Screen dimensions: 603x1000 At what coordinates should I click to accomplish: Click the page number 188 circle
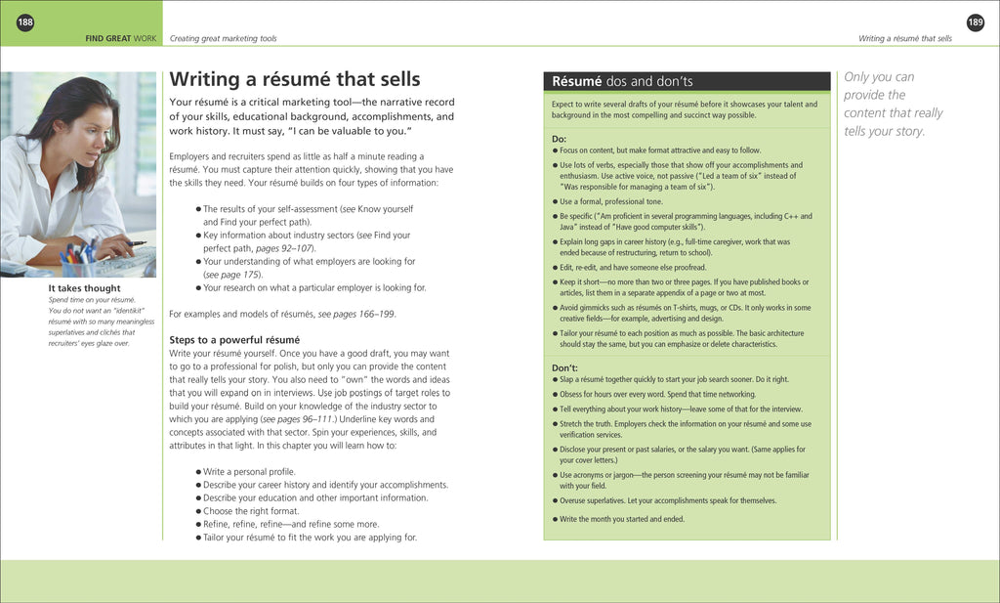tap(24, 22)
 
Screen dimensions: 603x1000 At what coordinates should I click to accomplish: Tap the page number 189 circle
tap(975, 22)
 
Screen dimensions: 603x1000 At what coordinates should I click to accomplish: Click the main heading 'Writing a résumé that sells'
tap(295, 79)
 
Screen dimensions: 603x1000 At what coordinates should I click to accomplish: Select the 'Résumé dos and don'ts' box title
tap(622, 81)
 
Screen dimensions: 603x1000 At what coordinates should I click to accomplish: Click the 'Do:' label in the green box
tap(560, 139)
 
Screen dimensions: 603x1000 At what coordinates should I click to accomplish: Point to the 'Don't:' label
tap(565, 367)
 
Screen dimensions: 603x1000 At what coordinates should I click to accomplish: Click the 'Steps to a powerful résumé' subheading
tap(234, 340)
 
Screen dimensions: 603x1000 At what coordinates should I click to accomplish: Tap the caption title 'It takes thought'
tap(85, 288)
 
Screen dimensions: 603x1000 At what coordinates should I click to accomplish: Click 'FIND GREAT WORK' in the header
tap(121, 39)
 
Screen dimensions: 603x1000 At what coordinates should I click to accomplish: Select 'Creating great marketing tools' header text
tap(223, 39)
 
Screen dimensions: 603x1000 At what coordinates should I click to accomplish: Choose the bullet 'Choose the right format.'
tap(250, 511)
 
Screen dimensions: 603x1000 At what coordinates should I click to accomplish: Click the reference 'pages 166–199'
tap(364, 314)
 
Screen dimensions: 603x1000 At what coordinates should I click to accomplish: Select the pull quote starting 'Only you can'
tap(893, 104)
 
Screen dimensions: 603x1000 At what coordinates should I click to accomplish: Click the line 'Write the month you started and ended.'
tap(621, 519)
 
